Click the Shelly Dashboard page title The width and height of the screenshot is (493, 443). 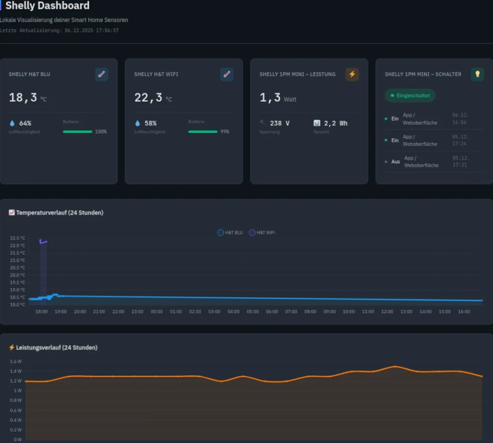(x=47, y=6)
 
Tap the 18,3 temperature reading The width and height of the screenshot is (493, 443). (x=23, y=98)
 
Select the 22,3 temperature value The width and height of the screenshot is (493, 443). (x=148, y=98)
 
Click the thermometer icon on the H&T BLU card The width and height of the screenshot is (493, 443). (x=102, y=74)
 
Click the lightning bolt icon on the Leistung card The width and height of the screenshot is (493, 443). (x=352, y=74)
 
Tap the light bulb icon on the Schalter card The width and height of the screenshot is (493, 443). (x=477, y=74)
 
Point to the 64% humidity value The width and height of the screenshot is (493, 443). (x=25, y=123)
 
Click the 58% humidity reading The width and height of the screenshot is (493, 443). (x=150, y=123)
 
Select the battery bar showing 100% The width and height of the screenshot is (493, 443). (x=78, y=131)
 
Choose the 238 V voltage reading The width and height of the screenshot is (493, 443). (x=279, y=123)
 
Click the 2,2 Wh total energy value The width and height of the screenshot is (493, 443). (x=336, y=123)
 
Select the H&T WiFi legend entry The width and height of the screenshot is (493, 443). (x=262, y=233)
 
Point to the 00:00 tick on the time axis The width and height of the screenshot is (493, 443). (x=156, y=312)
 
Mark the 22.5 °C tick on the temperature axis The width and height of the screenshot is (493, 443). (x=17, y=238)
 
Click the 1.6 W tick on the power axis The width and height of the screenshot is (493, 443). (x=16, y=361)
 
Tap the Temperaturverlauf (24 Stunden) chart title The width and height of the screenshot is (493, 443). (x=60, y=212)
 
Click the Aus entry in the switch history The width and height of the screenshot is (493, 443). (x=395, y=162)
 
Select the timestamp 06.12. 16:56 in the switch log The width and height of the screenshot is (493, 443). (x=460, y=118)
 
